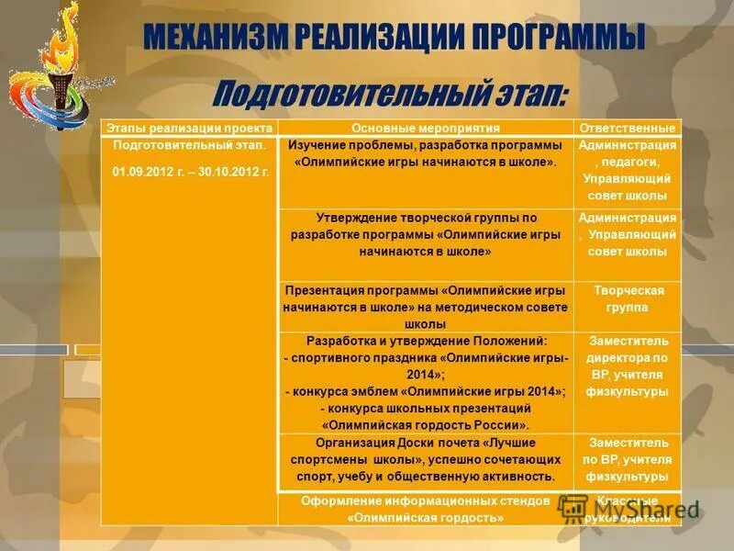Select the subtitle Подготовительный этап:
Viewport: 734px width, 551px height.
pyautogui.click(x=391, y=93)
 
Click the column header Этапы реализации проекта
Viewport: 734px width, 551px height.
pyautogui.click(x=189, y=128)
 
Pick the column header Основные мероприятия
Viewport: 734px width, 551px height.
pyautogui.click(x=426, y=128)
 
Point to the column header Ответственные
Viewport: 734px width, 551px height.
pyautogui.click(x=628, y=128)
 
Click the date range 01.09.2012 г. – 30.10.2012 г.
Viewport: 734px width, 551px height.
pyautogui.click(x=190, y=172)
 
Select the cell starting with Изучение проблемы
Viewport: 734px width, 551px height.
pyautogui.click(x=426, y=153)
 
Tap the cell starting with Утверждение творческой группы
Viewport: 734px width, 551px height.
pyautogui.click(x=426, y=234)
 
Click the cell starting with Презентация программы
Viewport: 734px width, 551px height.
pyautogui.click(x=426, y=307)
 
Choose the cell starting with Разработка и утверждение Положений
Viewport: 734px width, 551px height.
pyautogui.click(x=426, y=382)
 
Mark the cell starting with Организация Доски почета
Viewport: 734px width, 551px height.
pyautogui.click(x=426, y=459)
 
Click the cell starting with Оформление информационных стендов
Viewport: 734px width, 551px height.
pyautogui.click(x=426, y=510)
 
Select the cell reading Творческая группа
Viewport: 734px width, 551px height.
pyautogui.click(x=628, y=298)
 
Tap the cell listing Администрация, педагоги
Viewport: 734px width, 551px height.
pyautogui.click(x=628, y=170)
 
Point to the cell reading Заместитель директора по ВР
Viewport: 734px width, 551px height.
pyautogui.click(x=628, y=365)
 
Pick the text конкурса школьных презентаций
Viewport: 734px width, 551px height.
pyautogui.click(x=426, y=408)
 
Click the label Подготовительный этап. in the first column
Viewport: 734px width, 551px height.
pyautogui.click(x=190, y=145)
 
